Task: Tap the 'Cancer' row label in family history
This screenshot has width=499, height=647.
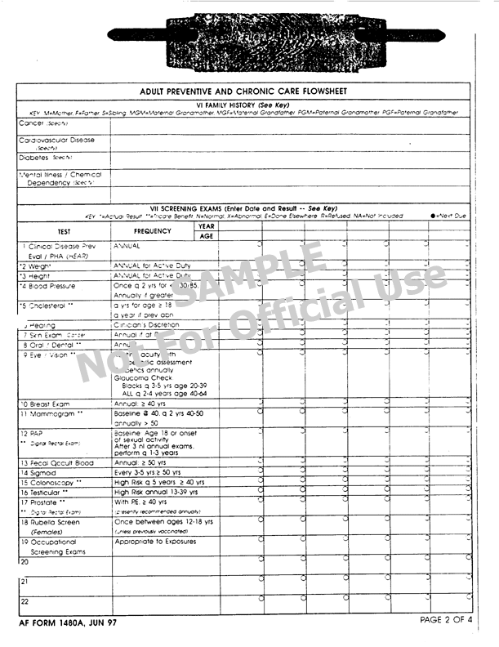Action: click(33, 123)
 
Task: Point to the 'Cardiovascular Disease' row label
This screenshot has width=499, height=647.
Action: click(56, 140)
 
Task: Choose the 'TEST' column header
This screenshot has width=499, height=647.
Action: click(64, 231)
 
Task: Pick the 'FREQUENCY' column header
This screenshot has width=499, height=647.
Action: click(152, 231)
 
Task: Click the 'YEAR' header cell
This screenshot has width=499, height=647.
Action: click(206, 226)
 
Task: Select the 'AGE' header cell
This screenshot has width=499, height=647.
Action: click(206, 237)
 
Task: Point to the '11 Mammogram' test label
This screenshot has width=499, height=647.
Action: click(49, 414)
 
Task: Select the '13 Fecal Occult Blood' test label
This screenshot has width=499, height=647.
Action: click(56, 463)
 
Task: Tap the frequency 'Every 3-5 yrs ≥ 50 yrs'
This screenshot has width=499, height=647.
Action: click(158, 472)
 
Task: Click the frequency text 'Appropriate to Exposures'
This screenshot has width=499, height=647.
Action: click(155, 541)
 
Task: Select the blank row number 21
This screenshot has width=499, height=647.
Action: click(24, 582)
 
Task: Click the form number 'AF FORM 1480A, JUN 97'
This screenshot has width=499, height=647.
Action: click(69, 623)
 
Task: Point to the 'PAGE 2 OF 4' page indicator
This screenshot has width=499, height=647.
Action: click(446, 620)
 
